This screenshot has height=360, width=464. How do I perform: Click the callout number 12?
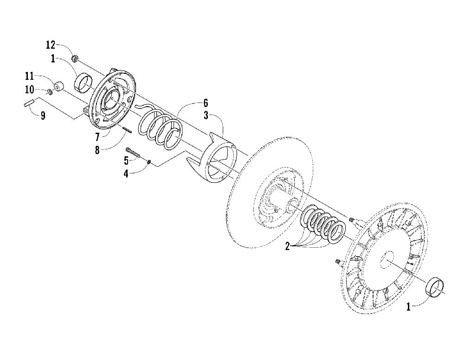pyautogui.click(x=51, y=45)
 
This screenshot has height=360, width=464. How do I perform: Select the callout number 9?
pyautogui.click(x=43, y=116)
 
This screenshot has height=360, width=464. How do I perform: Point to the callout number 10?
pyautogui.click(x=30, y=89)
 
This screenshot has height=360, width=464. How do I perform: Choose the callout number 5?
pyautogui.click(x=126, y=161)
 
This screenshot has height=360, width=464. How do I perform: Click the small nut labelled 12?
pyautogui.click(x=74, y=58)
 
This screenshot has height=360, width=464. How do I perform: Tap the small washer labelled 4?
pyautogui.click(x=149, y=162)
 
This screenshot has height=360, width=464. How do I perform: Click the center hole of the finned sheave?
pyautogui.click(x=385, y=260)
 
